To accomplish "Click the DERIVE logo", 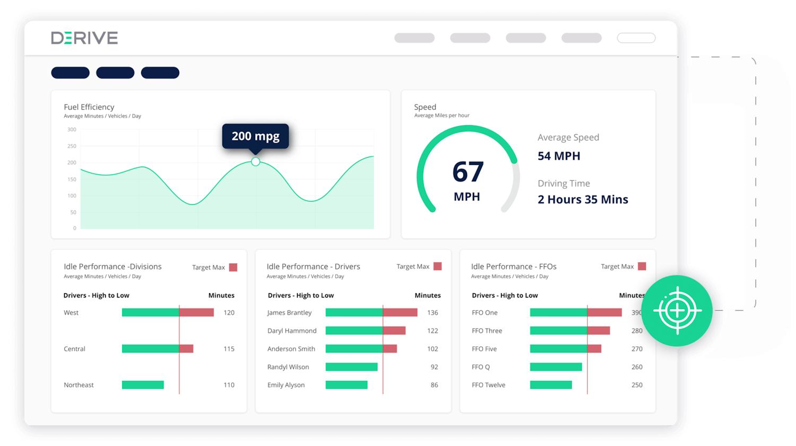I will [84, 38].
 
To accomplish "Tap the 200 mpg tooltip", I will [255, 136].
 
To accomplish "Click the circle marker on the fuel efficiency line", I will [256, 162].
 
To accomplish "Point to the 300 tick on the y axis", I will [72, 129].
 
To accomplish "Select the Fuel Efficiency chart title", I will [89, 107].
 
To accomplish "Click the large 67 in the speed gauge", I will [468, 172].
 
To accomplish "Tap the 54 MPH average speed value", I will [559, 156].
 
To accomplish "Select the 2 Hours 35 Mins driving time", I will [583, 199].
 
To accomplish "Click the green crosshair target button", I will [677, 311].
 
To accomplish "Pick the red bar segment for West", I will [196, 313].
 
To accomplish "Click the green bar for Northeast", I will [143, 385].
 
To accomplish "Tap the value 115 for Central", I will [229, 349].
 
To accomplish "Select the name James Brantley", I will [289, 313].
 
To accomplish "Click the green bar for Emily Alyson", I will [347, 385].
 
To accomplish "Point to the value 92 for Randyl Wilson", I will [434, 367].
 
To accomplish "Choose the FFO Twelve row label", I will [488, 385].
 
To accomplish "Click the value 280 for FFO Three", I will [637, 331].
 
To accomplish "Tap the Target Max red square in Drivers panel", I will [437, 266].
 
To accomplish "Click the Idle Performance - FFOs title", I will [514, 267].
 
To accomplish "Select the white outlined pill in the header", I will [636, 38].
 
